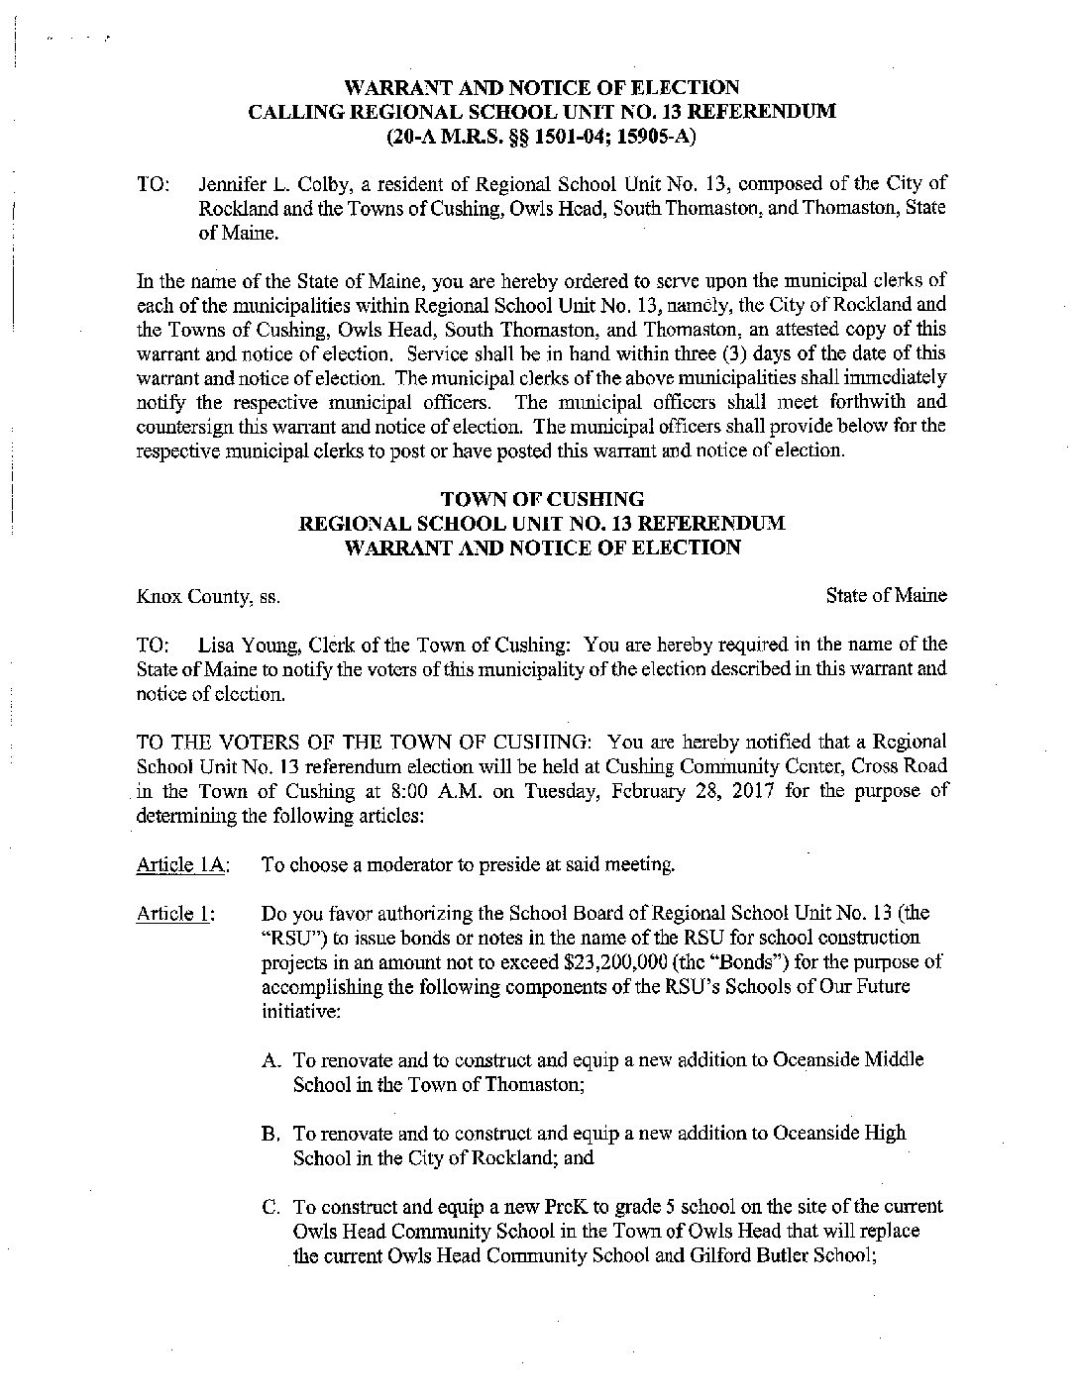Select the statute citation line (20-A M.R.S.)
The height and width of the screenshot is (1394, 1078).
tap(540, 137)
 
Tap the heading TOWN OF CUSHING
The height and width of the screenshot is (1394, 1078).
tap(541, 499)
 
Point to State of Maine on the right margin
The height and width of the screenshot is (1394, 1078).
tap(886, 595)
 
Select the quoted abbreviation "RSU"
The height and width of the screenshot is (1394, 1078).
tap(288, 938)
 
